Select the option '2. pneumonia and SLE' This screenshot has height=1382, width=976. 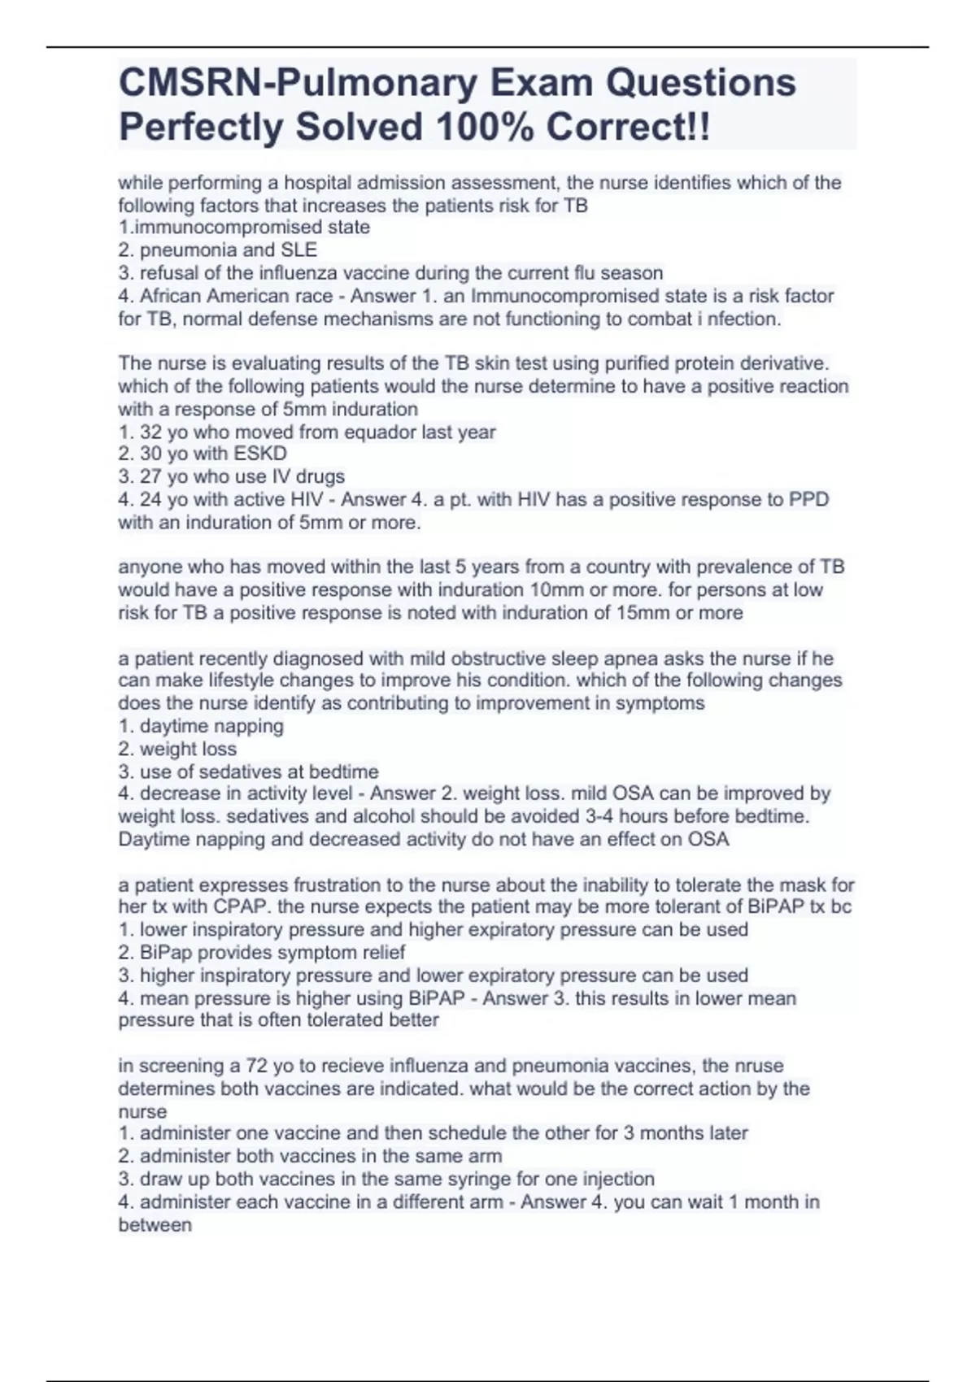coord(218,250)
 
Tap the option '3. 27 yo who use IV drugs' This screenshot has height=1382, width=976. coord(232,476)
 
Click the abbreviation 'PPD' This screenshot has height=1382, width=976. coord(809,499)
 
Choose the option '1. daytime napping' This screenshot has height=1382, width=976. coord(201,726)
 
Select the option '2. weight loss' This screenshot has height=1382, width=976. coord(177,749)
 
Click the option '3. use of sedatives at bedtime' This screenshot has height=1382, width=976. coord(249,771)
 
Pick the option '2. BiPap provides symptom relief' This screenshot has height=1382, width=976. coord(261,952)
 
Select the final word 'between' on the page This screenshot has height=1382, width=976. coord(155,1224)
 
